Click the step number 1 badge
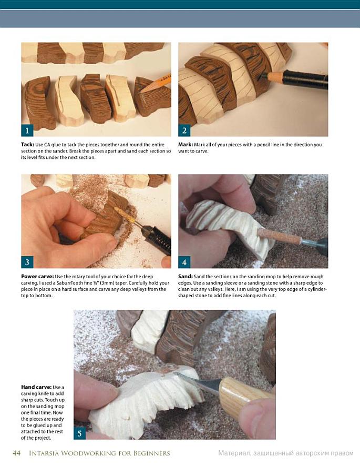tap(27, 130)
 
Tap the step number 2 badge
tap(184, 130)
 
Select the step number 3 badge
tap(27, 262)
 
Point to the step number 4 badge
tap(184, 262)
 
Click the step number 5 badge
tap(79, 433)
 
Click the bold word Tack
tap(27, 145)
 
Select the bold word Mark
tap(186, 145)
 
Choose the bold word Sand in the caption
tap(186, 277)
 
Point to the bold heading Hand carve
tap(36, 387)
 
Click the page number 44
tap(16, 453)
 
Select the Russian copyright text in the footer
tap(286, 453)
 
